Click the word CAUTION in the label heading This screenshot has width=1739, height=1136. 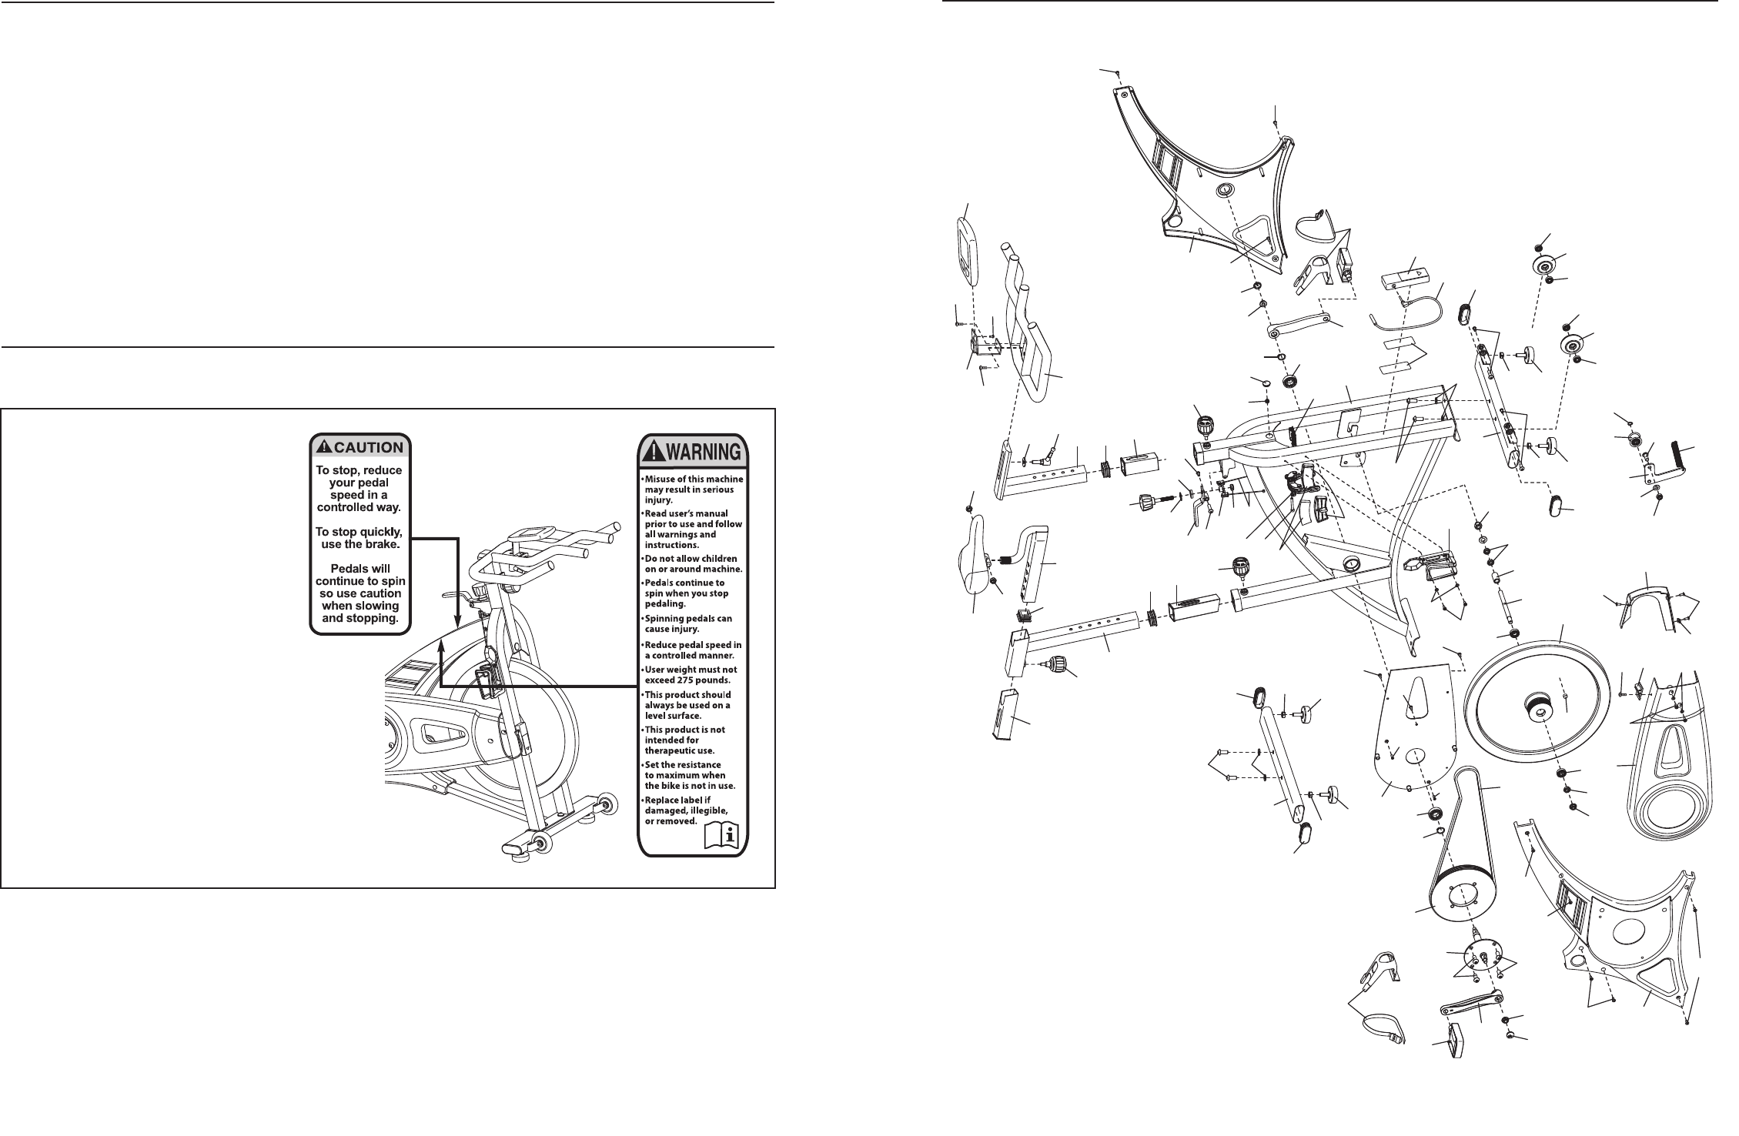pos(368,447)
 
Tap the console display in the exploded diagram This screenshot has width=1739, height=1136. pos(965,250)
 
